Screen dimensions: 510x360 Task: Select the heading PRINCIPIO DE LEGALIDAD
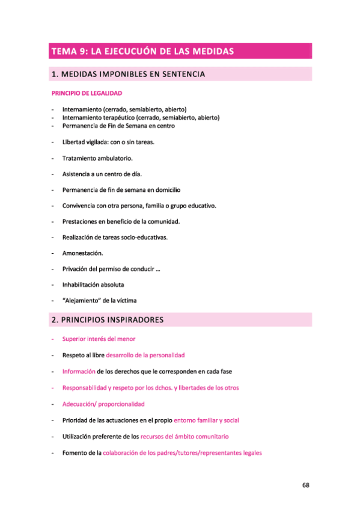tap(87, 94)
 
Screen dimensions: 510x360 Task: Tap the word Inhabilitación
tap(82, 285)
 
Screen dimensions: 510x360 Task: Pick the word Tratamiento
tap(81, 158)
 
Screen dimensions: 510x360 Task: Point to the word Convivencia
tap(81, 206)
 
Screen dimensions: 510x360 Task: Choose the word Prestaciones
tap(81, 221)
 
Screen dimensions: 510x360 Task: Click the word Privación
tap(76, 269)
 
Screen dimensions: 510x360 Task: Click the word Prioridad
tap(76, 420)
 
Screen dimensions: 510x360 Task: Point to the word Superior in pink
tap(75, 339)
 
